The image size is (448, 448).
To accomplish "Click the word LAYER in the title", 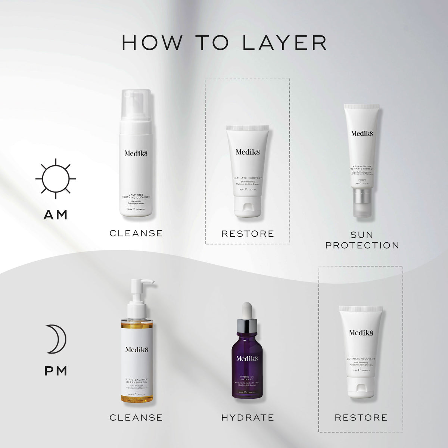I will point(285,43).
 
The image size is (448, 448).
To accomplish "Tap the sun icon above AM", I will point(56,178).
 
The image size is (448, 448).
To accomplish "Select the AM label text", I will point(56,215).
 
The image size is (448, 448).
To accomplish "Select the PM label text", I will point(56,371).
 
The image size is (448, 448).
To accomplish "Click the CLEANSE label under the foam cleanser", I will point(136,233).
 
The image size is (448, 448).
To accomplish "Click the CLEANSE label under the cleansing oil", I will point(136,417).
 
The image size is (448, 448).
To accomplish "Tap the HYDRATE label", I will point(248,417).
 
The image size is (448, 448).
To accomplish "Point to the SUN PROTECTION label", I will point(362,240).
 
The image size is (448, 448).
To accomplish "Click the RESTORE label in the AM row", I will point(248,234).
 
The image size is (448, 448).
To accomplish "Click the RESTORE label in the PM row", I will point(361,417).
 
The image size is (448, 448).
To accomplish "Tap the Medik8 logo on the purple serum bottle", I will point(247,358).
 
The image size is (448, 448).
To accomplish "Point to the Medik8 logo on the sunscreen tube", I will point(362,133).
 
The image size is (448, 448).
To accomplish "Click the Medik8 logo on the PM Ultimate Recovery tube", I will point(361,333).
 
